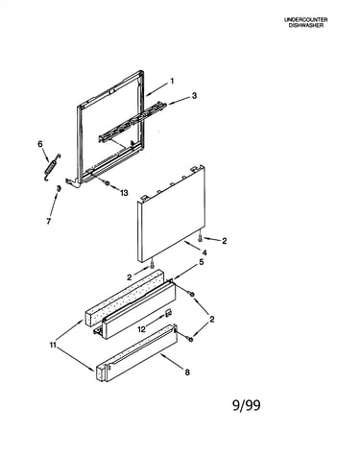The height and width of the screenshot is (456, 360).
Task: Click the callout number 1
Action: [x=172, y=82]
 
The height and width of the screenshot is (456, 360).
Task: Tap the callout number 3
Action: [x=194, y=96]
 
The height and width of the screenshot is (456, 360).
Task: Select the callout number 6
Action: [x=40, y=144]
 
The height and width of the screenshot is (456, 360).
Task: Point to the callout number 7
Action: [x=49, y=221]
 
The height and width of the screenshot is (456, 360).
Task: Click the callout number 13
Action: [x=124, y=193]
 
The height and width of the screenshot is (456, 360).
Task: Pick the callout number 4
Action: [x=204, y=252]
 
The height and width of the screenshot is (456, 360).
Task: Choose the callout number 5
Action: [x=202, y=262]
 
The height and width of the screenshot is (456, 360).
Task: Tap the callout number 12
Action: [x=142, y=328]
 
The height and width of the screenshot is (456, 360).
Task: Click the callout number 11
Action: [x=53, y=345]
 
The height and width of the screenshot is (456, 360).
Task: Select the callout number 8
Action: [x=187, y=372]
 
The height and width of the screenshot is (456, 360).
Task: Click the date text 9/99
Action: [x=246, y=405]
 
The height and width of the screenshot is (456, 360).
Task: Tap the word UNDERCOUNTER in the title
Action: [x=306, y=20]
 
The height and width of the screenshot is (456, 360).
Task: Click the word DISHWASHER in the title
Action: [x=306, y=25]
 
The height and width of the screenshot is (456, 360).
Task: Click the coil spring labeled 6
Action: [x=53, y=166]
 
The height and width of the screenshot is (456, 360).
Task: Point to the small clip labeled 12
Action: [x=168, y=313]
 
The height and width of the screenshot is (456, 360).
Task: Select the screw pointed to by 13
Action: [x=107, y=183]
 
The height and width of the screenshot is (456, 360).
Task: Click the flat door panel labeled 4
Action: [x=171, y=214]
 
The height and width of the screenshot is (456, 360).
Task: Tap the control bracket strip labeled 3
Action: [x=132, y=123]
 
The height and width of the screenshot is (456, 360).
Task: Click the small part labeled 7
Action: [x=59, y=189]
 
